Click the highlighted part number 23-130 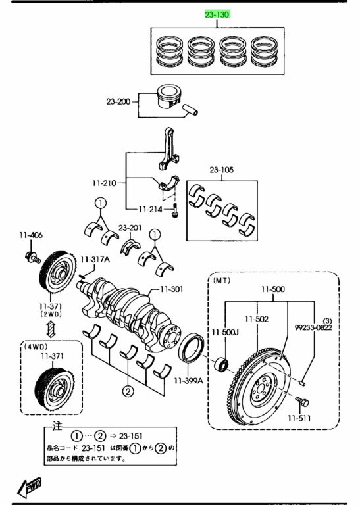point(217,14)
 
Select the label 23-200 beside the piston point(118,102)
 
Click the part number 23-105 point(222,170)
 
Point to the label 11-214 point(151,209)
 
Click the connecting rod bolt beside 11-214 point(174,210)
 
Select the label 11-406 point(31,235)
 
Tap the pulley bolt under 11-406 point(32,257)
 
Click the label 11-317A point(95,260)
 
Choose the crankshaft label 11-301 point(172,289)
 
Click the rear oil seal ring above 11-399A point(192,349)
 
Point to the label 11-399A point(188,381)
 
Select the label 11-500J point(225,332)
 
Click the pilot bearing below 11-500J point(221,364)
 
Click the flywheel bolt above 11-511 point(302,402)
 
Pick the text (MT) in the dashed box point(222,281)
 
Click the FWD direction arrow point(30,487)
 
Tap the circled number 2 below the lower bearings point(128,392)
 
